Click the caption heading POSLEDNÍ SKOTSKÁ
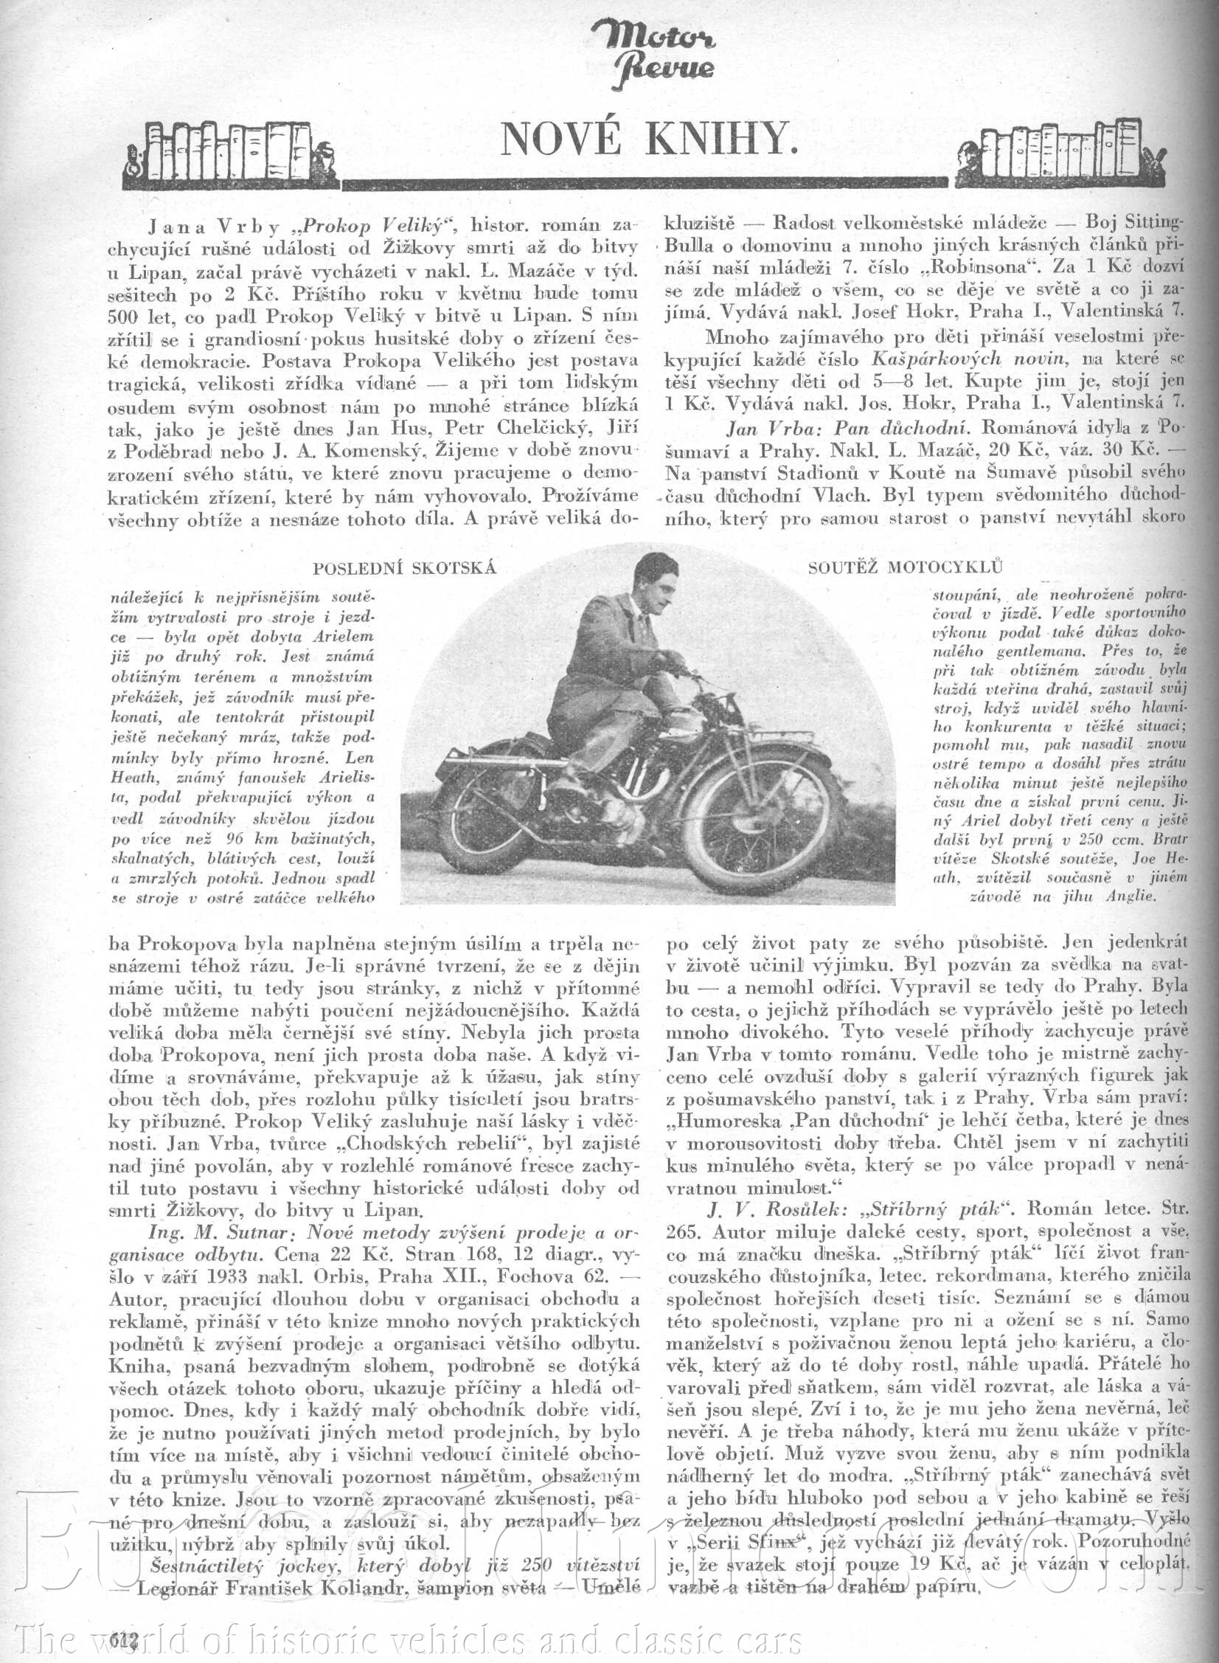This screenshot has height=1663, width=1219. tap(403, 568)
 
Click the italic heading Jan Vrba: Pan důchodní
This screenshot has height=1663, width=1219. tap(848, 428)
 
